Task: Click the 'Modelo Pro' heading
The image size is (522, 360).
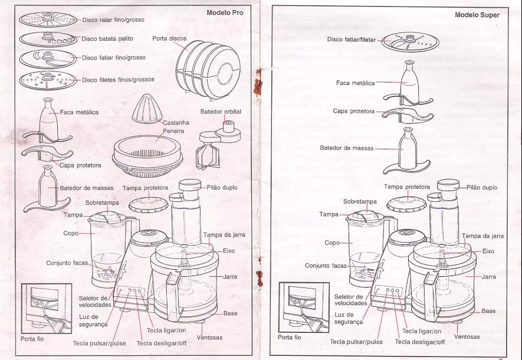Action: pos(225,12)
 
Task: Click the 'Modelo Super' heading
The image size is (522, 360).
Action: pos(477,15)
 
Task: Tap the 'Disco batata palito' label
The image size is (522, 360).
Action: pos(107,38)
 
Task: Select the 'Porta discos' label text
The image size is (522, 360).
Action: pos(169,38)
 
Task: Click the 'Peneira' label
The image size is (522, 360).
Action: pos(157,130)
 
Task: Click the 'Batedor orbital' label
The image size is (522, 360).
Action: pos(221,112)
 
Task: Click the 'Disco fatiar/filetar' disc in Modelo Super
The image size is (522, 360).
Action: pos(409,42)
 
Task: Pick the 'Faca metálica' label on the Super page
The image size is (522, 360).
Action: pos(355,83)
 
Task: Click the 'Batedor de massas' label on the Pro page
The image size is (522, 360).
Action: pos(87,188)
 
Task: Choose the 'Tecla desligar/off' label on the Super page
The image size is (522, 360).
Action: pos(419,342)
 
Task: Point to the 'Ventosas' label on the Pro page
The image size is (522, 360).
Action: pos(209,337)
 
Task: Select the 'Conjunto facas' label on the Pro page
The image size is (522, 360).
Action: pos(68,262)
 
